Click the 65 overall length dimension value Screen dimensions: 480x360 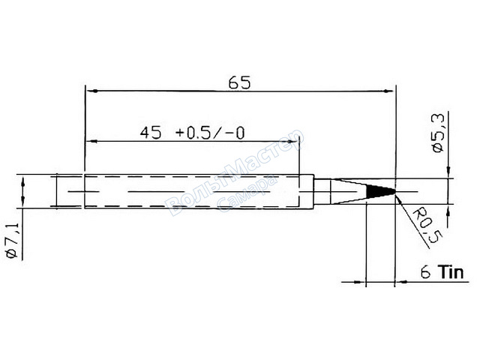(239, 82)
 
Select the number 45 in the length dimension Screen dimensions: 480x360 (150, 133)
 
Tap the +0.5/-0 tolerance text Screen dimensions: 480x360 (210, 133)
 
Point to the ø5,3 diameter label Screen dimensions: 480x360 (438, 133)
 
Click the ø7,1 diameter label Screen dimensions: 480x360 (13, 241)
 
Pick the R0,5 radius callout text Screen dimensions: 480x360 (427, 225)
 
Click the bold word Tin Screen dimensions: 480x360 (451, 271)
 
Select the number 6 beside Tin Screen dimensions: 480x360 (425, 271)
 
